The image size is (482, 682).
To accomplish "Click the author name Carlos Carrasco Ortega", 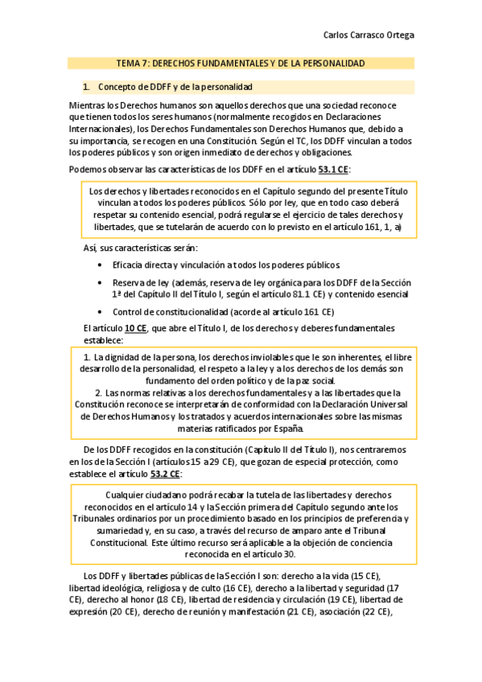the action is tap(369, 35).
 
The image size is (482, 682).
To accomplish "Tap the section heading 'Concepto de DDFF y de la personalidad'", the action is tap(175, 86).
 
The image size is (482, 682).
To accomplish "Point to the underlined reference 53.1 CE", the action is tap(332, 169).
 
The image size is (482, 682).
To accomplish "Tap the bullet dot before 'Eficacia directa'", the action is tap(99, 265).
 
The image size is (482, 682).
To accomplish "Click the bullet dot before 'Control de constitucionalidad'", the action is tap(99, 311).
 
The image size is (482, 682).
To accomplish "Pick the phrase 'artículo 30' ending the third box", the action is tap(274, 553).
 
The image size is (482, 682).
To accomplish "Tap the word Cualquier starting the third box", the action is tap(128, 495).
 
